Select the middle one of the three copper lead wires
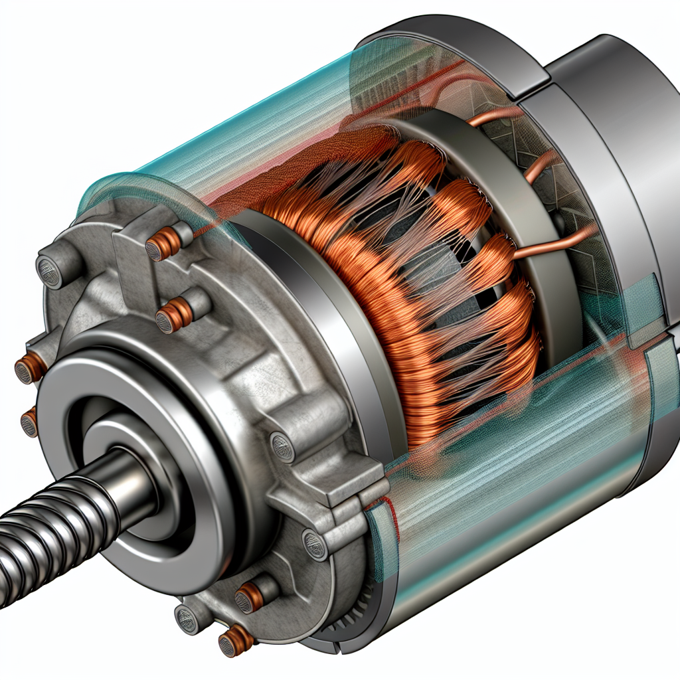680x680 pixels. tap(538, 166)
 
